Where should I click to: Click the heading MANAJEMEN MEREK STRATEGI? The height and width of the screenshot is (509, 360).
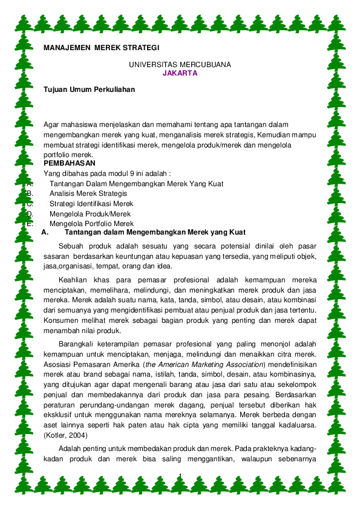coord(102,47)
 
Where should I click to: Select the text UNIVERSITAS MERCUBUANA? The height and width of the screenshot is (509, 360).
coord(180,64)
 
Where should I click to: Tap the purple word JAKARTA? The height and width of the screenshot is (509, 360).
coord(180,73)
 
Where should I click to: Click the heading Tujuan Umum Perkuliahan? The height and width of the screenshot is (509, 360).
coord(89,89)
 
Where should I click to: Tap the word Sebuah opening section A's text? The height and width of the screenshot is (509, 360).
coord(72,246)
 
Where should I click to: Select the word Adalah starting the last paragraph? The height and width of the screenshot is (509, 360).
coord(71,449)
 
